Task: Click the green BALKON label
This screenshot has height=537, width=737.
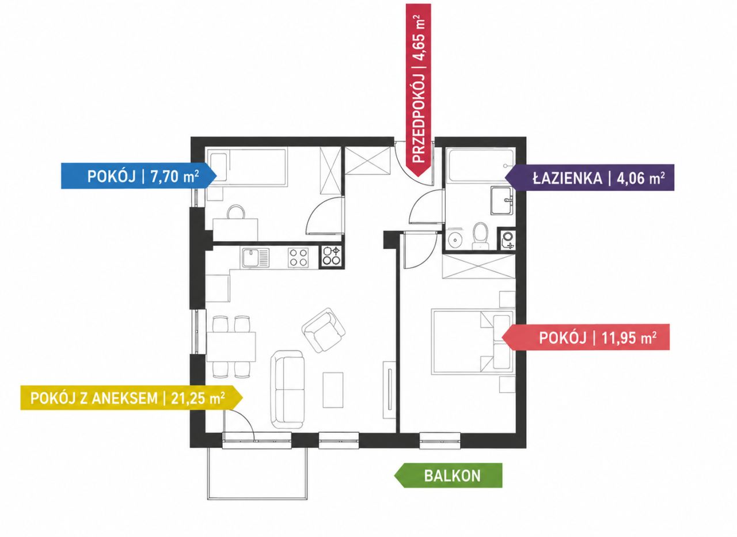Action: [449, 476]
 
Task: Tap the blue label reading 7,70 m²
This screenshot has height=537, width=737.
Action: [139, 176]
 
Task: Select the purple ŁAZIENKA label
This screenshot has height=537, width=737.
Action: [590, 178]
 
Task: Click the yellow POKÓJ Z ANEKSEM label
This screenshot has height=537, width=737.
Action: [131, 398]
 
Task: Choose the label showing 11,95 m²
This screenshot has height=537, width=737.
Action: [586, 337]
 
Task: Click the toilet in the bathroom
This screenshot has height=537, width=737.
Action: [480, 236]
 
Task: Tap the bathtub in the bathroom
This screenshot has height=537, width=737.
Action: [480, 165]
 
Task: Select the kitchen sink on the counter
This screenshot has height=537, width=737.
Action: [256, 258]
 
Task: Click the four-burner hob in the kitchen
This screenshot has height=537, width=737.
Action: [298, 257]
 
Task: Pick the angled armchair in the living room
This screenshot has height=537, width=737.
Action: [324, 330]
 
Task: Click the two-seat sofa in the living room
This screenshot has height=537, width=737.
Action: [287, 389]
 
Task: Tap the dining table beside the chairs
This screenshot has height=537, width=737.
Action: [231, 347]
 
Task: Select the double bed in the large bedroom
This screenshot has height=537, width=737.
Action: [473, 342]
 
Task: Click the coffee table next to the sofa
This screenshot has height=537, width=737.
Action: [333, 390]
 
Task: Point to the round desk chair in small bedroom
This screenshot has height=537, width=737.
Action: [236, 212]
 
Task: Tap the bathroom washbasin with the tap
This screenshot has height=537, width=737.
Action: [502, 200]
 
